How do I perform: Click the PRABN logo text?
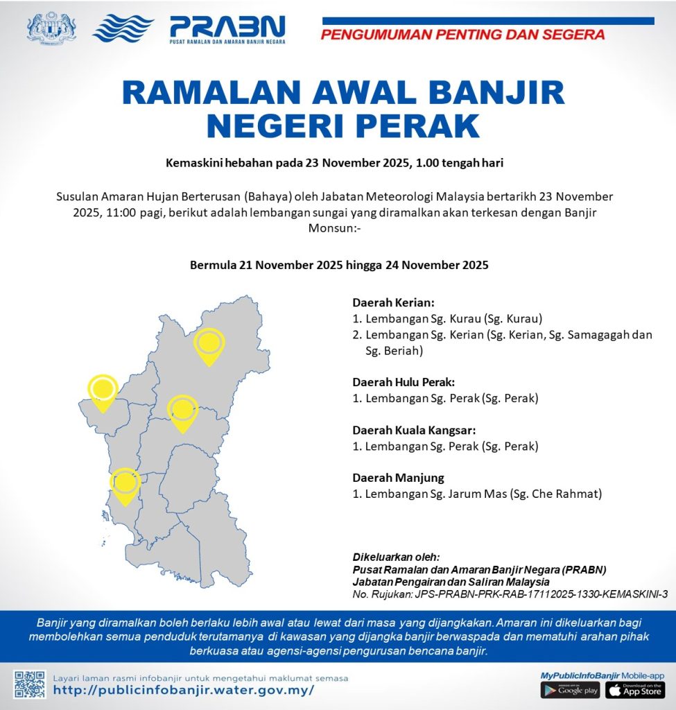pos(227,26)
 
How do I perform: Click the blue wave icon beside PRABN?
pos(123,28)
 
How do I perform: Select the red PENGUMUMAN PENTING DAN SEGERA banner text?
pos(462,34)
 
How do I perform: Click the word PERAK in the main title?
pos(412,125)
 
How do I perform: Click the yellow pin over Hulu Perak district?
pos(209,345)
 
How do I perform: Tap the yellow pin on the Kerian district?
pos(103,390)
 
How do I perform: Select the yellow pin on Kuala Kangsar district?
pos(182,410)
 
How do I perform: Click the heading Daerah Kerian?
pos(393,303)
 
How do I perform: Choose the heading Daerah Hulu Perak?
pos(404,382)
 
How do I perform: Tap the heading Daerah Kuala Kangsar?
pos(414,430)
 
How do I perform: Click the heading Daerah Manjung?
pos(398,478)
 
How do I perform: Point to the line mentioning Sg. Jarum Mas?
pos(476,494)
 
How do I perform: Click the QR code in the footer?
pos(30,684)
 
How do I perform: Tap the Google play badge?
pos(569,690)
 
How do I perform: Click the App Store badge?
pos(634,690)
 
